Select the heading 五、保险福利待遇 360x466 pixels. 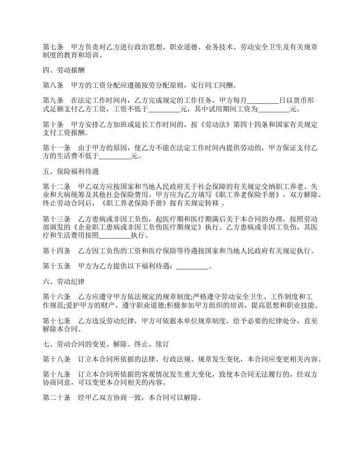(x=71, y=172)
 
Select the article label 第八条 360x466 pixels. (x=53, y=85)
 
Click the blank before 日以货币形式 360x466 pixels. (x=263, y=101)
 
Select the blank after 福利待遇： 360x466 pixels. (x=193, y=266)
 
